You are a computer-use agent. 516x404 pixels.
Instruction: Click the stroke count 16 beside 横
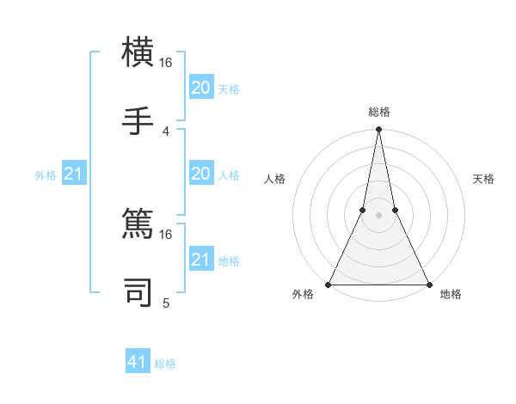point(166,63)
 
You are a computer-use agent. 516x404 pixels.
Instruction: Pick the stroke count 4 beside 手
point(166,131)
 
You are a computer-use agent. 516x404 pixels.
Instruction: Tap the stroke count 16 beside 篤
point(166,234)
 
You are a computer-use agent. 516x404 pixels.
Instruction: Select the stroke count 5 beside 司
point(166,302)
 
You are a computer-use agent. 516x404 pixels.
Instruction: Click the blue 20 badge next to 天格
point(200,88)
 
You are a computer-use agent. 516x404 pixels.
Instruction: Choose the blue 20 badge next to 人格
point(200,174)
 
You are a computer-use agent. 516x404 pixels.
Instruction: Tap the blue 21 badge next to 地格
point(200,260)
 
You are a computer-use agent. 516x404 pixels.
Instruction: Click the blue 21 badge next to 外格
point(74,174)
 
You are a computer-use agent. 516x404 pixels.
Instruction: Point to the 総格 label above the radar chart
point(378,113)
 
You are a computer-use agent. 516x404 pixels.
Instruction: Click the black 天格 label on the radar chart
point(483,179)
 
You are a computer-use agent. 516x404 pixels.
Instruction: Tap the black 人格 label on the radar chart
point(274,179)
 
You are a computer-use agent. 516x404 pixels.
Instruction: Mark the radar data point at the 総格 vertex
point(378,130)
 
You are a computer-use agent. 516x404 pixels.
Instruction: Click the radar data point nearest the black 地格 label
point(428,284)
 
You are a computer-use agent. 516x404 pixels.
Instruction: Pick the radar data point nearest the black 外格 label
point(329,284)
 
